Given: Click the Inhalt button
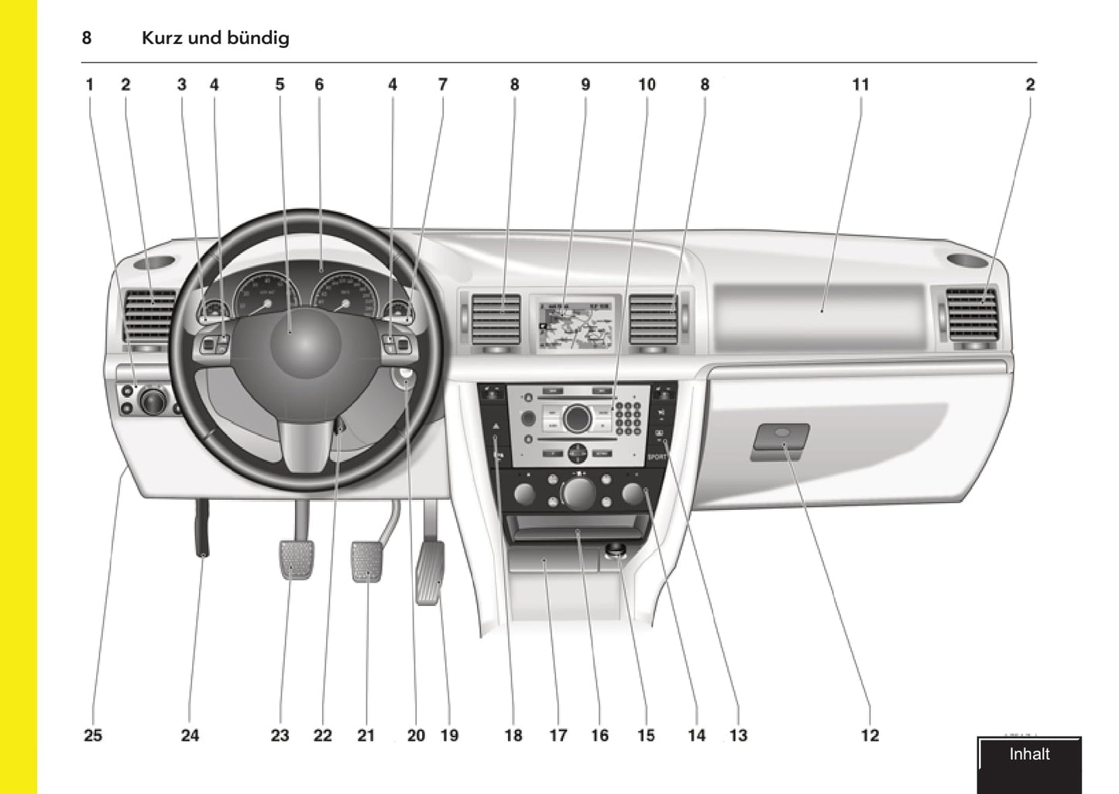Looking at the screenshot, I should coord(1029,755).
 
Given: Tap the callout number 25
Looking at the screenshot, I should coord(93,735).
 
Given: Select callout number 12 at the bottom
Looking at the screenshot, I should coord(870,735).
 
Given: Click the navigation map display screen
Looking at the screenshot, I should coord(575,323).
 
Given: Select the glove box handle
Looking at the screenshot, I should coord(780,443).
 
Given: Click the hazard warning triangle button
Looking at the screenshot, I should coord(495,426).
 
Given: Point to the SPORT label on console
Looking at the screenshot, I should coord(657,457).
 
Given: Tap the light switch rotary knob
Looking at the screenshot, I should coord(153,401).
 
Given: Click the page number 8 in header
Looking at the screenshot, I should coord(87,38).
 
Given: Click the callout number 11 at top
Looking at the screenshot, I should coord(860,84).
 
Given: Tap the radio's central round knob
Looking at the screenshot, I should coord(577,418).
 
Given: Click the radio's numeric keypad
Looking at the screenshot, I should coord(628,418).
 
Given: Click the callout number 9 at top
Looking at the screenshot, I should coord(585,84).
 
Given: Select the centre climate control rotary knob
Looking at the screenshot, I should coord(578,492).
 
